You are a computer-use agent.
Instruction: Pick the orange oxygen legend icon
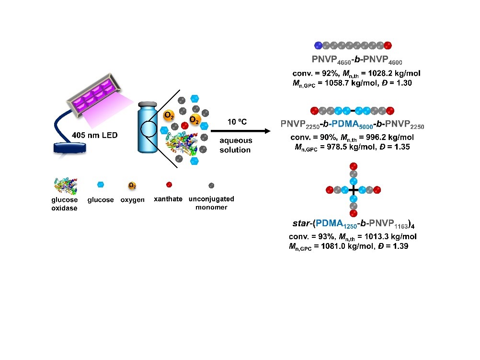pos(131,185)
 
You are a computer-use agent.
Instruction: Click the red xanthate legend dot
pos(169,185)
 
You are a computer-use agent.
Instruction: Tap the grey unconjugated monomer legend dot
pos(211,185)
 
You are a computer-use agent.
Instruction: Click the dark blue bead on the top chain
pos(318,46)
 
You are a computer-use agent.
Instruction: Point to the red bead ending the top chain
pos(388,46)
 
